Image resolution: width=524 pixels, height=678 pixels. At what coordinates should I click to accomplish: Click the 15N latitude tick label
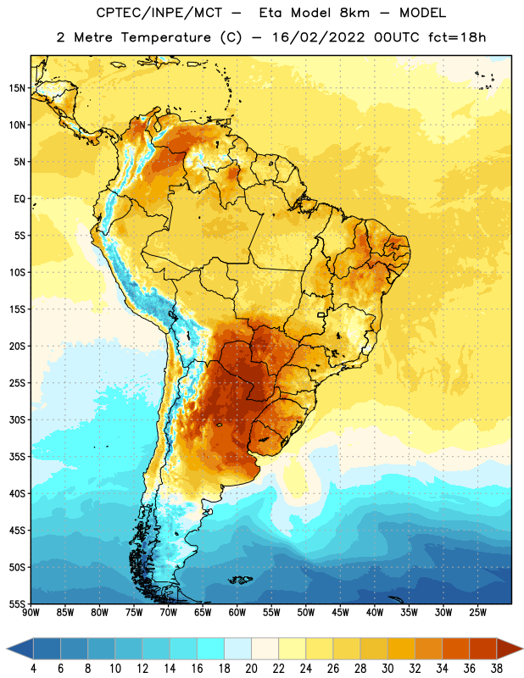click(17, 88)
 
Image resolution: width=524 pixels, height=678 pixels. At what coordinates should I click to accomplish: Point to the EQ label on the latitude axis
click(20, 199)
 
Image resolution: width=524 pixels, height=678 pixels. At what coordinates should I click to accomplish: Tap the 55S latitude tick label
click(17, 603)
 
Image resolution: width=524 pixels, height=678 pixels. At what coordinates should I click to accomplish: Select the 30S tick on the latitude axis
click(17, 420)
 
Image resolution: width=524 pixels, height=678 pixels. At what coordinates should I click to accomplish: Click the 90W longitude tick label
click(31, 612)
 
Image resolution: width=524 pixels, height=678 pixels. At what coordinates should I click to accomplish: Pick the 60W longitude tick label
click(237, 612)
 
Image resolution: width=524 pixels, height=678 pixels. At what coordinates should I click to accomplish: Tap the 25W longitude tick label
click(477, 612)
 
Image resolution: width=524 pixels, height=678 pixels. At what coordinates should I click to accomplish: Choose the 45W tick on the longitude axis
click(340, 612)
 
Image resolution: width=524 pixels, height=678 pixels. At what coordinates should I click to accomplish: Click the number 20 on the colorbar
click(251, 669)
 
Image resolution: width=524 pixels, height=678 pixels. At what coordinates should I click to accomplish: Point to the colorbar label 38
click(497, 669)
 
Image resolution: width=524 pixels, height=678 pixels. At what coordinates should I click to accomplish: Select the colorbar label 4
click(33, 669)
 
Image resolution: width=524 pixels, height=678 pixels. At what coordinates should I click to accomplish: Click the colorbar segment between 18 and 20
click(238, 648)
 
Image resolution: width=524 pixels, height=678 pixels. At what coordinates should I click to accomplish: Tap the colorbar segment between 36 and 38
click(483, 648)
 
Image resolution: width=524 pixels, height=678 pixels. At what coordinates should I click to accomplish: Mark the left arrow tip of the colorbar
click(7, 648)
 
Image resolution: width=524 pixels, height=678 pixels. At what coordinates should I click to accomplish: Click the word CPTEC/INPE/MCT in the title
click(159, 13)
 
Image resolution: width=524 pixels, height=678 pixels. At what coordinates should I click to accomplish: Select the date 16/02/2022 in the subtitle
click(319, 37)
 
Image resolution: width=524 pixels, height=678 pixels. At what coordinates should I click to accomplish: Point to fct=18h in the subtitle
click(457, 37)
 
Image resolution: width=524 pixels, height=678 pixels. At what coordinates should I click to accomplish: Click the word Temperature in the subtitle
click(165, 37)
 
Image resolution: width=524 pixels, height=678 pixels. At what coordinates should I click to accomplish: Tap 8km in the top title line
click(354, 13)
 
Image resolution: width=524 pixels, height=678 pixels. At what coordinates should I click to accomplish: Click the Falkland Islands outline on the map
click(240, 580)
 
